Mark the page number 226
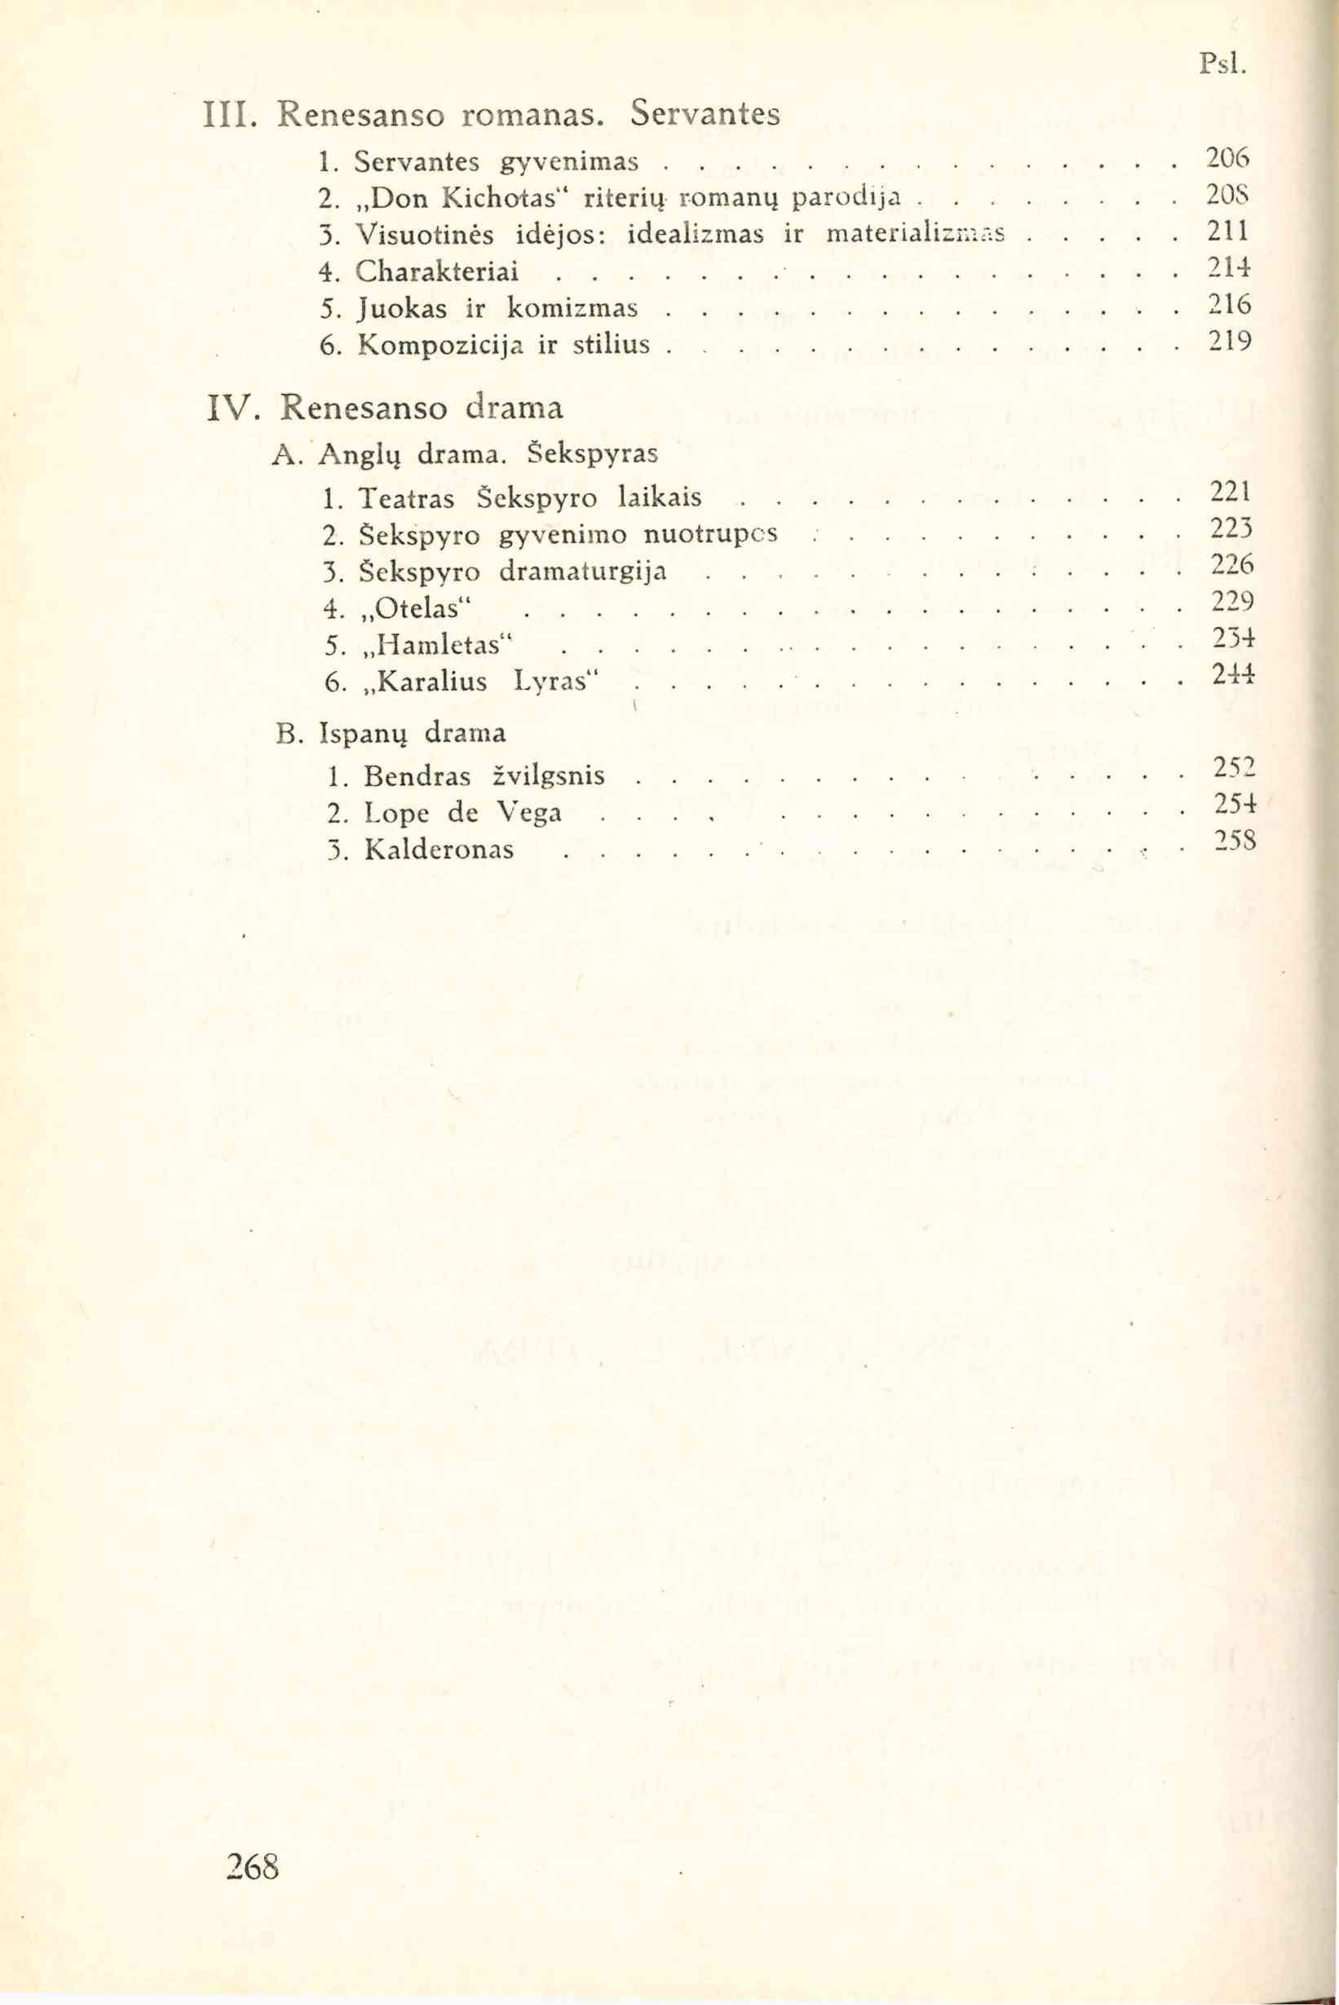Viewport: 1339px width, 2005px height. (x=1229, y=565)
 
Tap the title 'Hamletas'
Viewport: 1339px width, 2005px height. (x=435, y=647)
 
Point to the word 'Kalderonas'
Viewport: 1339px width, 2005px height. (x=439, y=850)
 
